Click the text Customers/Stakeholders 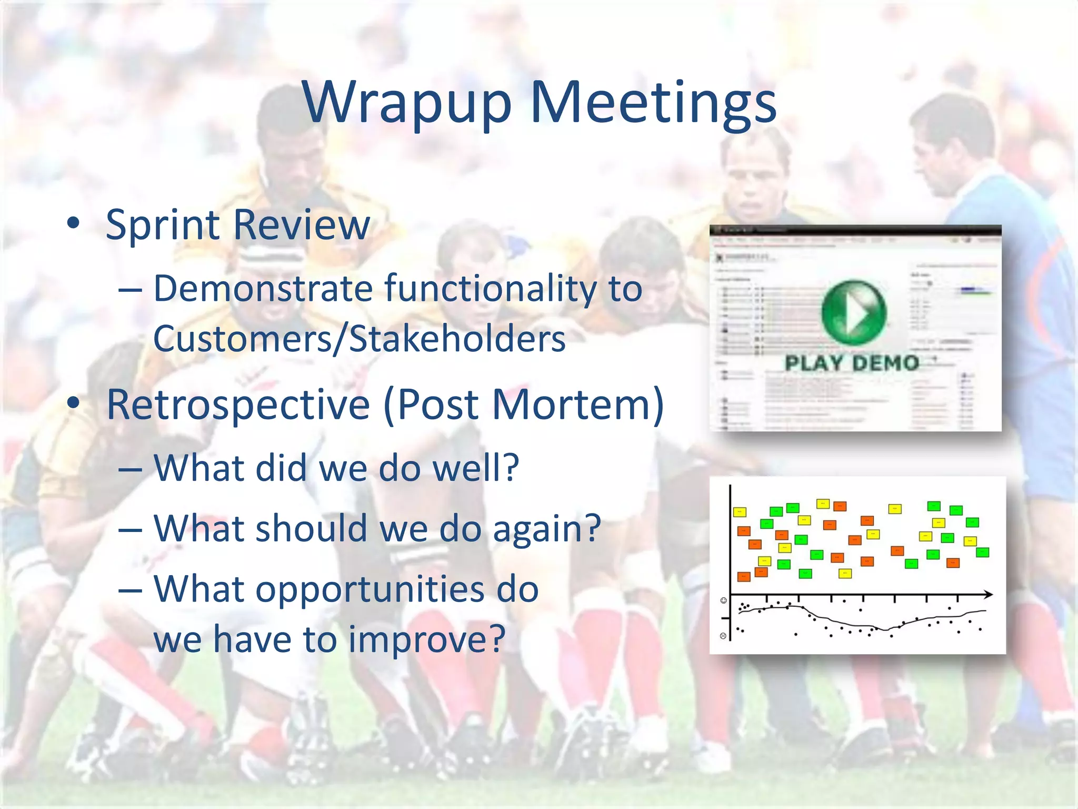pyautogui.click(x=359, y=338)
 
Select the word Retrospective pyautogui.click(x=238, y=405)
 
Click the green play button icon pyautogui.click(x=853, y=312)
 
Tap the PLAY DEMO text pyautogui.click(x=852, y=363)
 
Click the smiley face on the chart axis pyautogui.click(x=724, y=600)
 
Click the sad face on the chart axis pyautogui.click(x=723, y=636)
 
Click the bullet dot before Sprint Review pyautogui.click(x=73, y=224)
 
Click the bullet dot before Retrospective pyautogui.click(x=73, y=403)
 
